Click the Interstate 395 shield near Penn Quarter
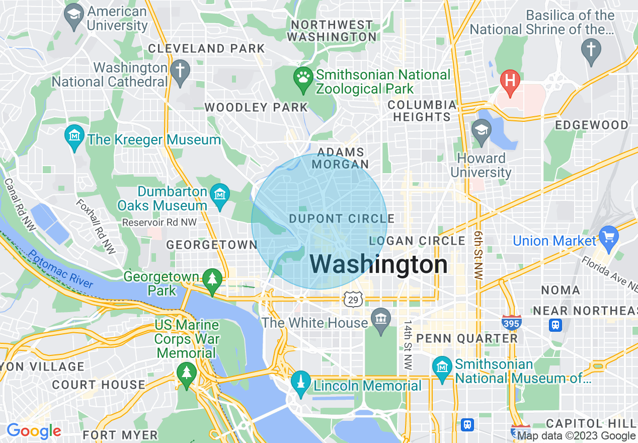[x=511, y=323]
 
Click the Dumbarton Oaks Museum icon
[x=220, y=194]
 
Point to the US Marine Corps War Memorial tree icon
[x=187, y=374]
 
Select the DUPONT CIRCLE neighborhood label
[x=342, y=218]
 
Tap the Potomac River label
[x=60, y=269]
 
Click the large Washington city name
[x=378, y=264]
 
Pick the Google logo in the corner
[x=34, y=431]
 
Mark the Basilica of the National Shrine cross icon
[x=590, y=51]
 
